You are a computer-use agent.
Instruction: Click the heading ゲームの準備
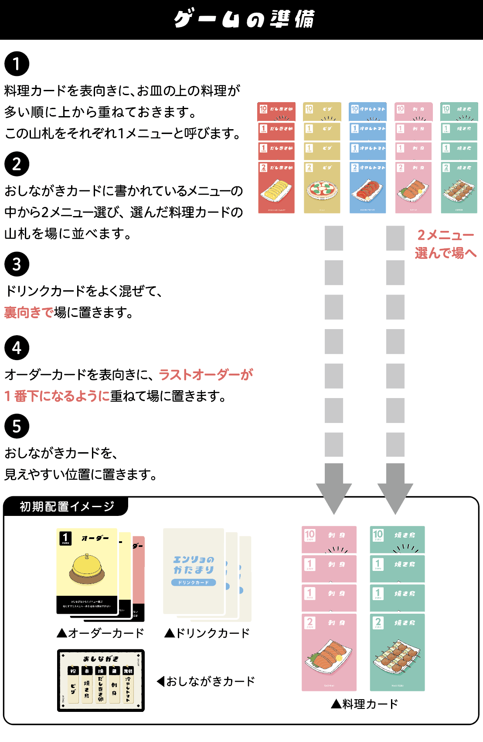coord(244,20)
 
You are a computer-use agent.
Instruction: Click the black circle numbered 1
coord(17,64)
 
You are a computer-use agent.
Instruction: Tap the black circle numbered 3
coord(17,264)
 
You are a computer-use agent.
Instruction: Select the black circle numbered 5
coord(17,426)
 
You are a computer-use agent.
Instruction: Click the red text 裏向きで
coord(29,313)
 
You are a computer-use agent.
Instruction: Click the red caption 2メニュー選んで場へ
coord(446,244)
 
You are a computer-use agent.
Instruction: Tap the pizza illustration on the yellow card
coord(322,190)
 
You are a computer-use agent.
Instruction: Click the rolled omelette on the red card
coord(276,190)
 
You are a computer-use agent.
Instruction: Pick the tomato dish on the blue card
coord(367,190)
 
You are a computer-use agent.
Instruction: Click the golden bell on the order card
coord(87,568)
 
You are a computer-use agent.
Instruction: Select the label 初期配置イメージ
coord(67,506)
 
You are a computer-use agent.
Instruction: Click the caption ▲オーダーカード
coord(101,633)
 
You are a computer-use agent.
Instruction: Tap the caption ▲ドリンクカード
coord(207,633)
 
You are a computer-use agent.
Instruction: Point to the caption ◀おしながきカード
coord(206,681)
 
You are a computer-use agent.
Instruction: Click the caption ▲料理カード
coord(364,704)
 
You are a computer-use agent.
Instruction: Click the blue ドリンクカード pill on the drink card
coord(194,582)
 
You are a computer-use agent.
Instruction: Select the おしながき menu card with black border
coord(101,680)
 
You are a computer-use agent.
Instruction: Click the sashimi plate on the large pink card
coord(329,655)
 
